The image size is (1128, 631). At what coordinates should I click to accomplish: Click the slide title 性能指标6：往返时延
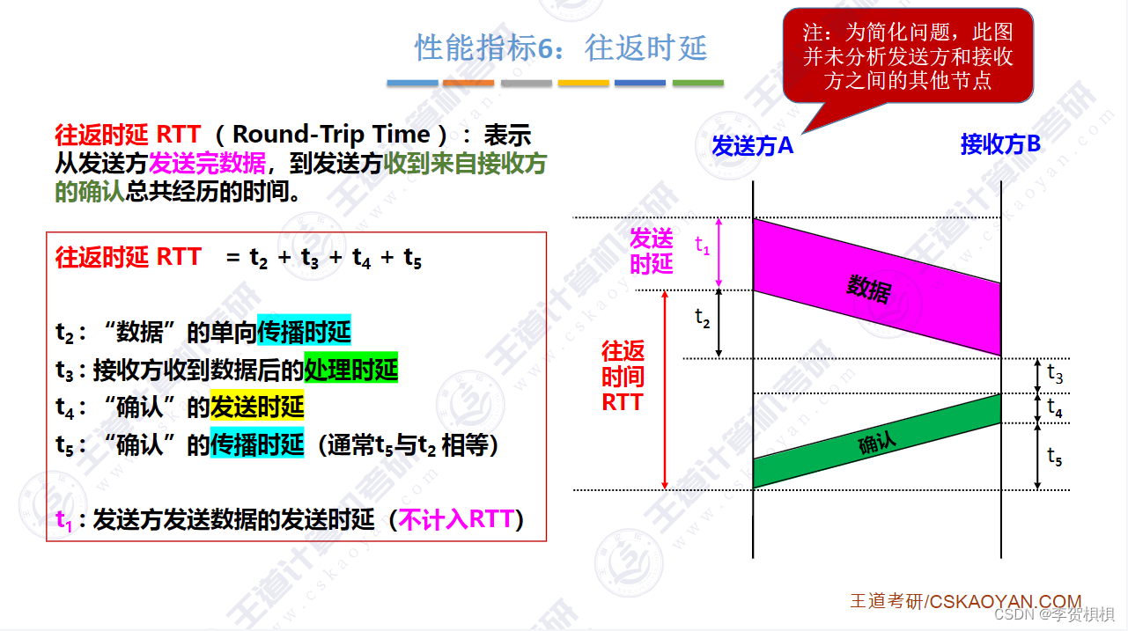click(561, 48)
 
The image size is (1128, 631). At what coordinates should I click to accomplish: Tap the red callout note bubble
click(908, 55)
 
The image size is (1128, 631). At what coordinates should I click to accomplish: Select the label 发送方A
click(752, 146)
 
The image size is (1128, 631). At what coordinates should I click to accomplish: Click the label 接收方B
click(1000, 144)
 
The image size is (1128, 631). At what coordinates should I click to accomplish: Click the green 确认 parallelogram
click(876, 441)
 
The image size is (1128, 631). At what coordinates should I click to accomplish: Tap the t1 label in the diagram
click(703, 246)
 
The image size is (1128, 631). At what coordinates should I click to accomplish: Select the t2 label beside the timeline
click(702, 318)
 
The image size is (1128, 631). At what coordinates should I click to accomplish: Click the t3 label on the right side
click(1054, 375)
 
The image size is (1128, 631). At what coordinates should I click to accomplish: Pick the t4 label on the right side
click(1054, 408)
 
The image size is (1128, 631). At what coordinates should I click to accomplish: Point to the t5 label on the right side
click(1054, 456)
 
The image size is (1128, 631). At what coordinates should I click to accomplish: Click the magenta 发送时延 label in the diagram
click(652, 251)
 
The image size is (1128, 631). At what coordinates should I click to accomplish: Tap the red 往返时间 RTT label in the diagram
click(623, 377)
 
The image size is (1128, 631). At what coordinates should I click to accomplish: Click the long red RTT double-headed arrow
click(665, 390)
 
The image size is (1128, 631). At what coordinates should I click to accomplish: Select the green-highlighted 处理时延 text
click(350, 370)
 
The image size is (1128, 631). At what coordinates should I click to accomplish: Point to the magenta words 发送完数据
click(207, 164)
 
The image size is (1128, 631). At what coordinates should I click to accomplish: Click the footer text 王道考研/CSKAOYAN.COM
click(965, 601)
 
